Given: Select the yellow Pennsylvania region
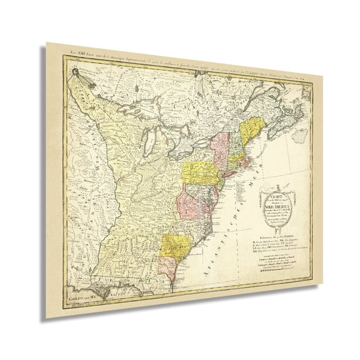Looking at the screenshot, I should tap(199, 171).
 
